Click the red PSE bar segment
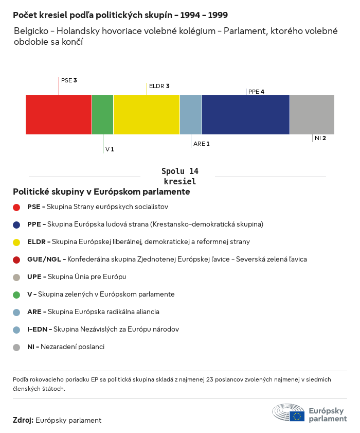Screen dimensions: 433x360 pyautogui.click(x=59, y=114)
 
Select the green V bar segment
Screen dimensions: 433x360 pyautogui.click(x=102, y=114)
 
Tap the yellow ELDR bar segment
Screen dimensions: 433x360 pyautogui.click(x=147, y=114)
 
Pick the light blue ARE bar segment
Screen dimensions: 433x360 pyautogui.click(x=191, y=114)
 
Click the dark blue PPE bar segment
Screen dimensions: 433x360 pyautogui.click(x=246, y=114)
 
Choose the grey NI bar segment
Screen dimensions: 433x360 pyautogui.click(x=312, y=114)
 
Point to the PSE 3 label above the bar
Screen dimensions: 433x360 pyautogui.click(x=69, y=80)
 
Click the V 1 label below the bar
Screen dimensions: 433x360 pyautogui.click(x=110, y=149)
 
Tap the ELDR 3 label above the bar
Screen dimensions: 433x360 pyautogui.click(x=159, y=86)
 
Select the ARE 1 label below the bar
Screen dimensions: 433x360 pyautogui.click(x=202, y=144)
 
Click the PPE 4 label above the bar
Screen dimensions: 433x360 pyautogui.click(x=256, y=92)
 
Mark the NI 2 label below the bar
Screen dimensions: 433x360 pyautogui.click(x=320, y=138)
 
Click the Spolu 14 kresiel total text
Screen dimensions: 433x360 pyautogui.click(x=180, y=176)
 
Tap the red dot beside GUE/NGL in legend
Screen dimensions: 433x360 pyautogui.click(x=16, y=259)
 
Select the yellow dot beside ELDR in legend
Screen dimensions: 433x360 pyautogui.click(x=16, y=242)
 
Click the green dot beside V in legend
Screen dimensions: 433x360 pyautogui.click(x=16, y=295)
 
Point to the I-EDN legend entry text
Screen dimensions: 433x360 pyautogui.click(x=103, y=329)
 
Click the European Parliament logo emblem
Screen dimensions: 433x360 pyautogui.click(x=289, y=413)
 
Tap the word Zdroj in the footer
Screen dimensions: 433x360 pyautogui.click(x=23, y=420)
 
